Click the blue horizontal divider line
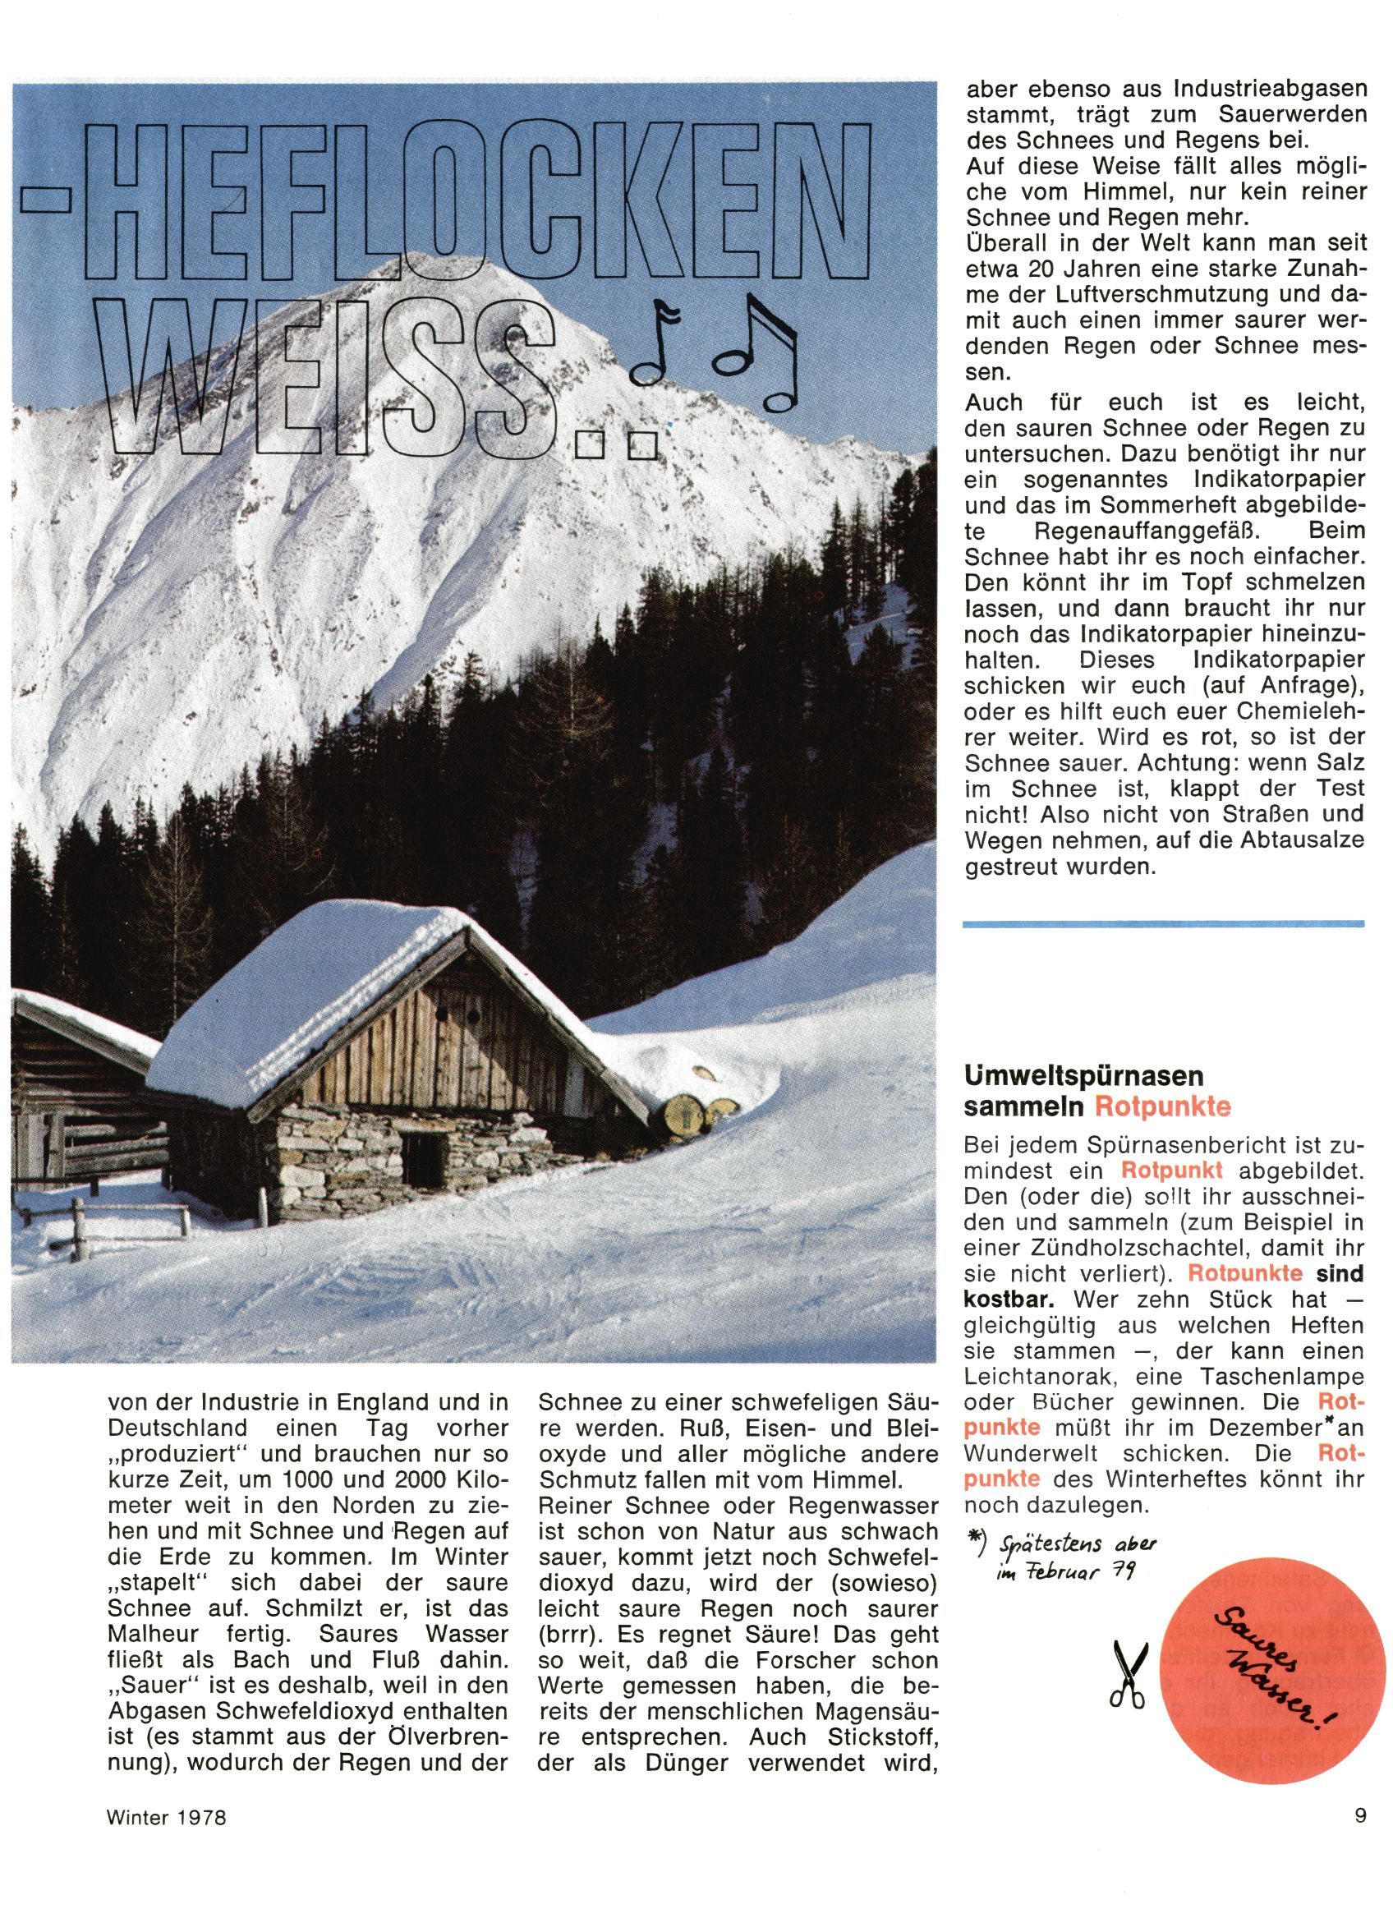[1162, 922]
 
